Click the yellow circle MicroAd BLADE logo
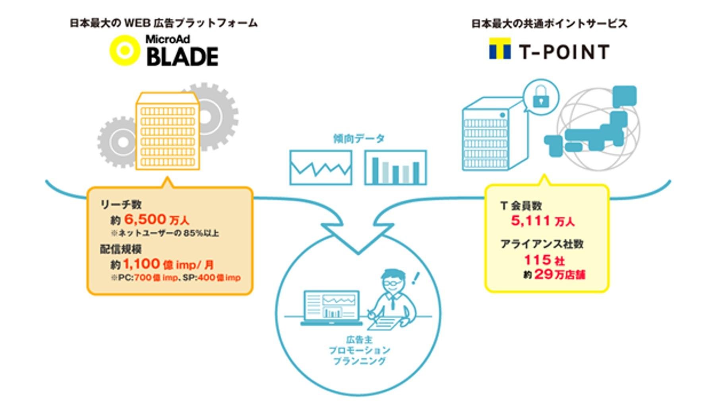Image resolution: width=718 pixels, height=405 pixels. tap(125, 50)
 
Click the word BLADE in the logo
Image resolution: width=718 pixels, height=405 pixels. tap(182, 57)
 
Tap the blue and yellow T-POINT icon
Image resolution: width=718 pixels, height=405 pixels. tap(500, 49)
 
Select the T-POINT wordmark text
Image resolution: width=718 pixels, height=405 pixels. tap(564, 52)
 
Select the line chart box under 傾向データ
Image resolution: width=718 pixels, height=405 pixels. tap(321, 167)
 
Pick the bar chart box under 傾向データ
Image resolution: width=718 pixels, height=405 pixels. tap(395, 167)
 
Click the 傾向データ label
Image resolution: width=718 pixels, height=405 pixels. tap(359, 138)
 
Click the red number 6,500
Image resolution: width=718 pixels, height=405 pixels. tap(145, 219)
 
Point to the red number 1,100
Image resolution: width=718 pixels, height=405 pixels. tap(141, 264)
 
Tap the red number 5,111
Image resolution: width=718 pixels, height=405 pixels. tap(530, 220)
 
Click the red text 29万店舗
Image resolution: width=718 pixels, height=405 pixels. tap(559, 274)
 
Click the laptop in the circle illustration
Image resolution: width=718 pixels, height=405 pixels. tap(332, 308)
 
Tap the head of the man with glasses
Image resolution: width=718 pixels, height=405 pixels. tap(393, 281)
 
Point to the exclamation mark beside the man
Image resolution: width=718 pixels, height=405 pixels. tap(416, 278)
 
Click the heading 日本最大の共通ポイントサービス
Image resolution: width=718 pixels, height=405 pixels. tap(549, 24)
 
